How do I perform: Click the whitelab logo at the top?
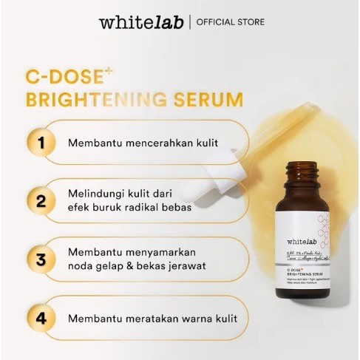[x=141, y=22]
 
